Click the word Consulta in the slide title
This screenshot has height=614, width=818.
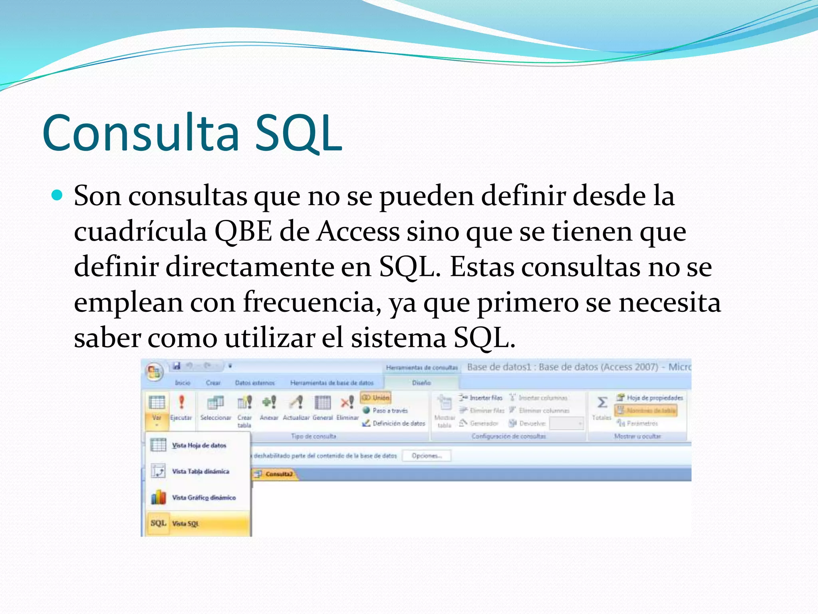(x=141, y=133)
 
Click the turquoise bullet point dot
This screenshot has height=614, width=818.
(x=58, y=195)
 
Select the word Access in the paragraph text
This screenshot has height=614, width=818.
(x=358, y=231)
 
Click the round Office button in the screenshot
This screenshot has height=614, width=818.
(x=155, y=372)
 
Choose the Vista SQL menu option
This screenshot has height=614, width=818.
(x=185, y=524)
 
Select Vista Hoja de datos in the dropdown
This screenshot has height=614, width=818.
(x=199, y=445)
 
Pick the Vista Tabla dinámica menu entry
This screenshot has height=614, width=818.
(x=201, y=471)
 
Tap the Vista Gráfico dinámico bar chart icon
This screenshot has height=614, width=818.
(x=159, y=497)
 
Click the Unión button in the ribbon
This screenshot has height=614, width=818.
(x=376, y=398)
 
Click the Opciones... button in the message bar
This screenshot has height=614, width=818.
(x=426, y=456)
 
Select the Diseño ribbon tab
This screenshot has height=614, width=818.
(x=421, y=383)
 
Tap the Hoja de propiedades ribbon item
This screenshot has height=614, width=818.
(x=650, y=398)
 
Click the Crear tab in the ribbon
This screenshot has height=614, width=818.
(x=213, y=383)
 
